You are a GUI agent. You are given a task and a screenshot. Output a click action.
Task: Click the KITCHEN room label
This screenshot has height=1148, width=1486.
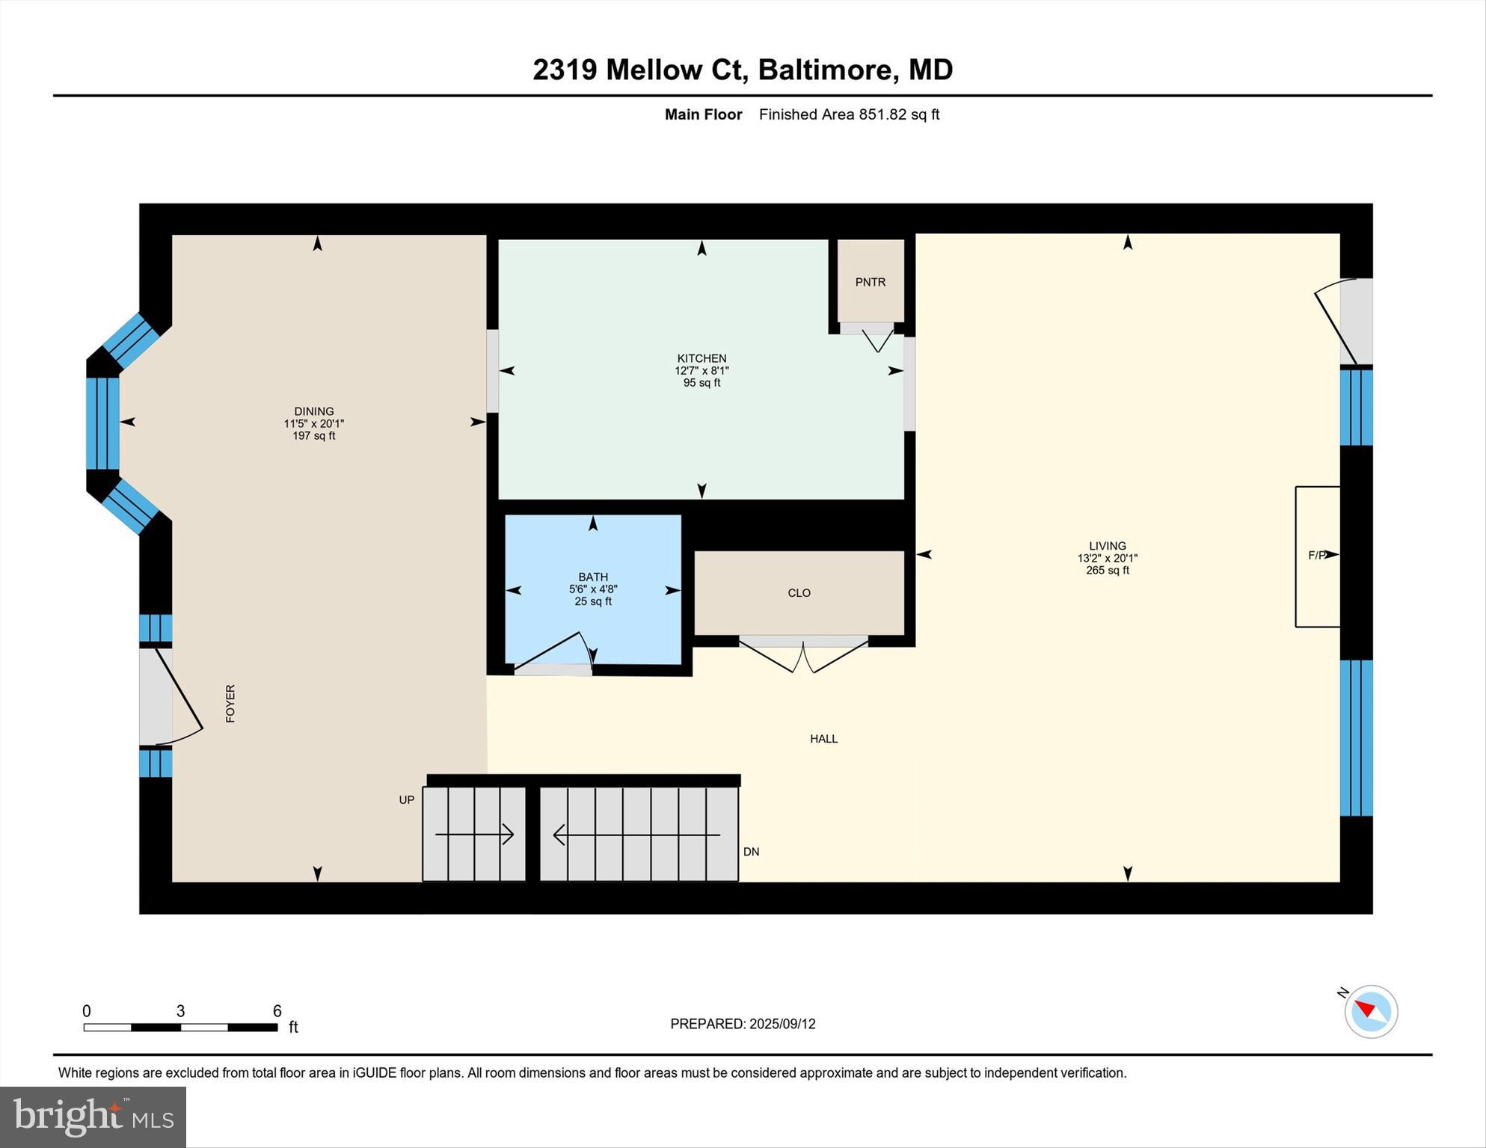[701, 358]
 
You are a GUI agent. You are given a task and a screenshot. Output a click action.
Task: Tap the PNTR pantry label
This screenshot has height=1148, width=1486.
[871, 282]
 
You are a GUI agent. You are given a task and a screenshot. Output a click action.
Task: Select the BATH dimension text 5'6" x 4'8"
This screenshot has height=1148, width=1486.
[593, 589]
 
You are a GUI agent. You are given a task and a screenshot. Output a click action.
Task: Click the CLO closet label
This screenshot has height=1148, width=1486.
[799, 593]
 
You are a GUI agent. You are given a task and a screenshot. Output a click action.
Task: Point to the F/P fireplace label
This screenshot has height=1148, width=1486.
[1317, 555]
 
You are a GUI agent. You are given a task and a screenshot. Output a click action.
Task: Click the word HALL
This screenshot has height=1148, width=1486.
[823, 739]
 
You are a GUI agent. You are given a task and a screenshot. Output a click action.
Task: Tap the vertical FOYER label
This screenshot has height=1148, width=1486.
[230, 703]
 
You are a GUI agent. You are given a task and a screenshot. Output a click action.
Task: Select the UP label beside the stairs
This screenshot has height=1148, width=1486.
[406, 800]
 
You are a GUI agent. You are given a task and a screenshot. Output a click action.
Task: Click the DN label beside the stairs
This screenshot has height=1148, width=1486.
[751, 852]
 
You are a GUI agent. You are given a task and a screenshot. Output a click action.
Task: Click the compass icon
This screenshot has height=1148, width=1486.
[1371, 1011]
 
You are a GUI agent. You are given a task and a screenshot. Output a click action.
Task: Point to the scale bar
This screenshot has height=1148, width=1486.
[180, 1028]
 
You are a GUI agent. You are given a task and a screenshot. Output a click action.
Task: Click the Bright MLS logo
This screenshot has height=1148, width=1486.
[93, 1117]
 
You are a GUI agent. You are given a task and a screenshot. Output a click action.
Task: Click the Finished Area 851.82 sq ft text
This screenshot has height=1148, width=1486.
[849, 114]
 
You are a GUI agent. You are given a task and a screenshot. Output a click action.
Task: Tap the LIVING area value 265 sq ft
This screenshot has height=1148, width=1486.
[1108, 571]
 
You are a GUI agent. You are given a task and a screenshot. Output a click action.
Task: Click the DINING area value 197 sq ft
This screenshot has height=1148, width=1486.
[313, 436]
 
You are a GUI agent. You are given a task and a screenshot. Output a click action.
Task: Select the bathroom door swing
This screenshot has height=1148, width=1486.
[554, 651]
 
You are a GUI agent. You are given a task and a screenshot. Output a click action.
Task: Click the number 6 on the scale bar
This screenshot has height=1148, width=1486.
[277, 1011]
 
